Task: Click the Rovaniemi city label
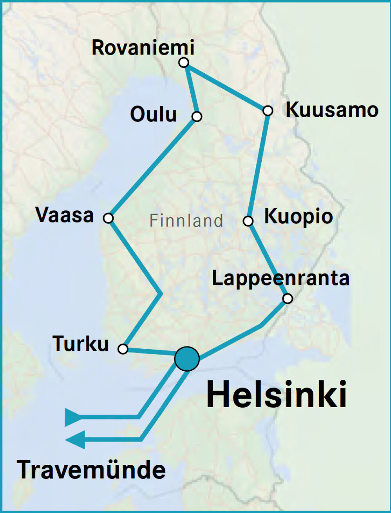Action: click(x=143, y=48)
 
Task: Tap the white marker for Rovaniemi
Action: click(x=183, y=62)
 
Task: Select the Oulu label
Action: click(x=154, y=114)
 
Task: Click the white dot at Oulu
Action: click(x=197, y=116)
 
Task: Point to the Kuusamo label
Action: click(x=332, y=110)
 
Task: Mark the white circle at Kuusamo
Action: click(x=268, y=111)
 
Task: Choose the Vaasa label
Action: click(x=65, y=215)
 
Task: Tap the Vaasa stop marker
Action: click(x=109, y=218)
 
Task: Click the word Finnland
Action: click(x=186, y=221)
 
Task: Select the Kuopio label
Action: click(x=299, y=217)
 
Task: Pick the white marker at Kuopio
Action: click(x=248, y=221)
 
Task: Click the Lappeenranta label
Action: click(x=281, y=278)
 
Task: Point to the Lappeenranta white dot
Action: click(x=288, y=299)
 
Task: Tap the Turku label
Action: click(x=81, y=344)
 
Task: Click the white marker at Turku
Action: click(x=123, y=349)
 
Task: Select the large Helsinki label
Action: click(x=277, y=394)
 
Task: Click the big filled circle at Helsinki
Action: click(x=187, y=359)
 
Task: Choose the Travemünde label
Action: click(x=91, y=469)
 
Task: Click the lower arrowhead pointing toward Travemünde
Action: click(x=75, y=439)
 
